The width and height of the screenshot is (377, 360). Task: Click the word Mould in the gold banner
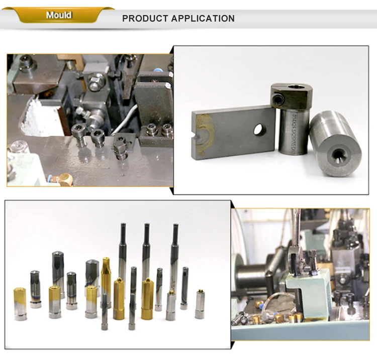[x=58, y=15]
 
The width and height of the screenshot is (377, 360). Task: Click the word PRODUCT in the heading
[x=145, y=19]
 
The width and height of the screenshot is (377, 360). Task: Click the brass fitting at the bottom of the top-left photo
[x=64, y=179]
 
